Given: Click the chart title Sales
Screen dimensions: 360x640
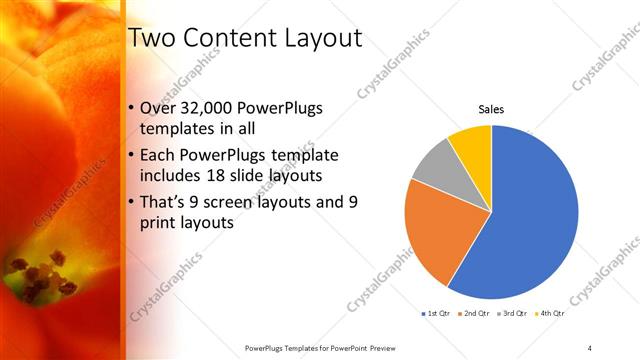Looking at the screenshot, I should [490, 109].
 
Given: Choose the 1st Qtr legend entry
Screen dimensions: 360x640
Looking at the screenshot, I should [437, 315].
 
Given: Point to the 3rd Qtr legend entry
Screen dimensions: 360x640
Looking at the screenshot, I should [511, 315].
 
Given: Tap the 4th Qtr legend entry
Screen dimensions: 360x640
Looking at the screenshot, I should [548, 315].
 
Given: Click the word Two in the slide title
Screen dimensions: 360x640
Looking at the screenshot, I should [155, 39].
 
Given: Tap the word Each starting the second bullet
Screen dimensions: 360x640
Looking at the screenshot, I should [162, 155].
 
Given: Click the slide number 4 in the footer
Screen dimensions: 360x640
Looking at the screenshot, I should [590, 347].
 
